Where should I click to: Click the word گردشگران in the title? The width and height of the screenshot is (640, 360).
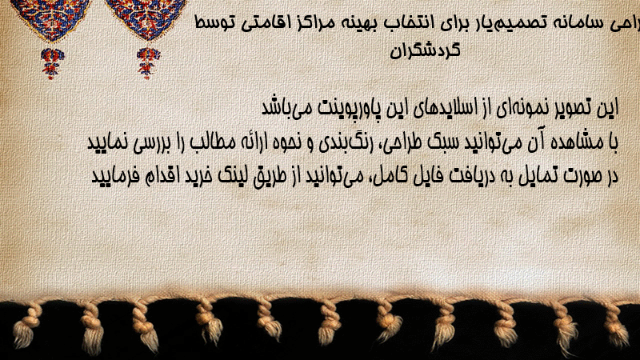[425, 50]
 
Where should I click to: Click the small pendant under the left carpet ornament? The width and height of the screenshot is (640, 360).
[51, 63]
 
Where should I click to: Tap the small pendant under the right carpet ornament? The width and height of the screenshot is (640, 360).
[148, 62]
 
